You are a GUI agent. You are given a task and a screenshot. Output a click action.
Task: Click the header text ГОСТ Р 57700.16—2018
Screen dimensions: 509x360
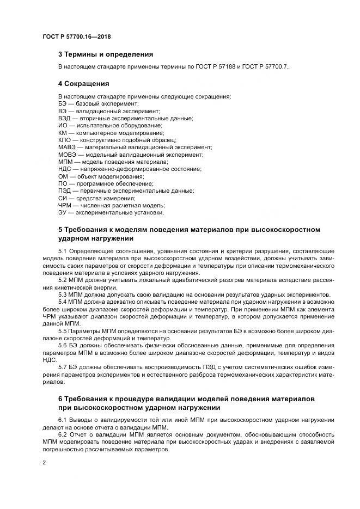pyautogui.click(x=80, y=37)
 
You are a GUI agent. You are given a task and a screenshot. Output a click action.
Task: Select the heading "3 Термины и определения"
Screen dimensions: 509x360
pyautogui.click(x=105, y=54)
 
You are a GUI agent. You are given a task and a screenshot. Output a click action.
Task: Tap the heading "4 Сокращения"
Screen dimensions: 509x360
pyautogui.click(x=83, y=84)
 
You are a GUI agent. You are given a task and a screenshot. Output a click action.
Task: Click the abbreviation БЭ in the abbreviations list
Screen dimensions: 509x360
pyautogui.click(x=63, y=103)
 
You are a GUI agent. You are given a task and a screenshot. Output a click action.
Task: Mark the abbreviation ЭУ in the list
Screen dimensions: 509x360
pyautogui.click(x=63, y=213)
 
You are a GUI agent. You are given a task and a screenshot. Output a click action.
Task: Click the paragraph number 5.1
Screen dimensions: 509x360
pyautogui.click(x=62, y=250)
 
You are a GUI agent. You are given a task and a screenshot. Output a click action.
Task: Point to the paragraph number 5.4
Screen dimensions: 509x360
pyautogui.click(x=62, y=301)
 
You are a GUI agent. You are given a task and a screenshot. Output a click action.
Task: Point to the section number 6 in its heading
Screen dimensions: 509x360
pyautogui.click(x=61, y=400)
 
